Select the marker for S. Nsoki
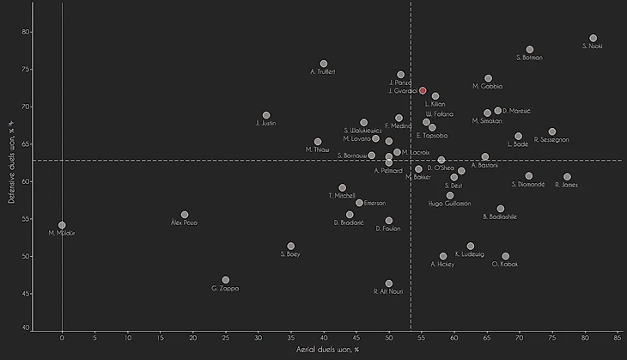tap(594, 39)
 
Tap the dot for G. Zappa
tap(226, 280)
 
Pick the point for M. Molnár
tap(62, 225)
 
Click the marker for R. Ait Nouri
tap(389, 284)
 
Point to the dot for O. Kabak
tap(506, 256)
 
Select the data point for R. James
tap(568, 177)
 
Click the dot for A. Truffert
tap(324, 64)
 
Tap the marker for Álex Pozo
tap(185, 215)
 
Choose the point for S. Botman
tap(530, 50)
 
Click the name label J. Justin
tap(265, 123)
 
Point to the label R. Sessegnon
tap(551, 139)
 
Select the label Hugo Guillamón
tap(449, 204)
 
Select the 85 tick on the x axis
tap(618, 338)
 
